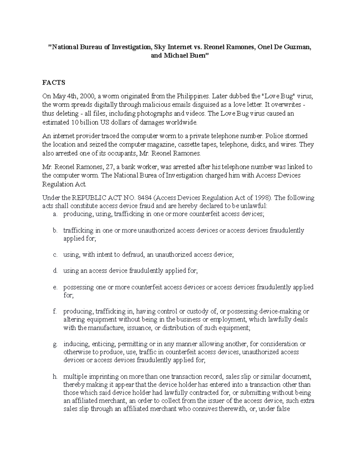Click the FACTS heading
click(x=53, y=83)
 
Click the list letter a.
click(x=54, y=214)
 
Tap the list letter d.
click(x=55, y=271)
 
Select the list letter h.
click(x=55, y=377)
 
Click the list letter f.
click(x=54, y=311)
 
